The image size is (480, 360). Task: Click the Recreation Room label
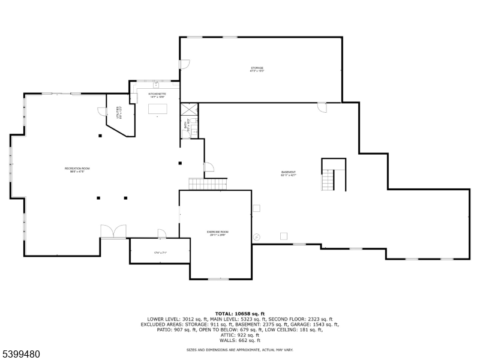click(x=77, y=170)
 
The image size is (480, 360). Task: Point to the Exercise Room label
click(x=218, y=233)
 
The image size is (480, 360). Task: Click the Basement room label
click(x=289, y=173)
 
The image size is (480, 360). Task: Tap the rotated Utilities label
click(x=118, y=112)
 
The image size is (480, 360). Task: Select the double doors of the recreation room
click(x=113, y=232)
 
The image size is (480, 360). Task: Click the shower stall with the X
click(x=189, y=109)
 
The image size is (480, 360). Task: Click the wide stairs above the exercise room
click(x=208, y=183)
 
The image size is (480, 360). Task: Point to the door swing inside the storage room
click(x=185, y=63)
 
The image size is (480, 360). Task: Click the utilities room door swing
click(x=102, y=111)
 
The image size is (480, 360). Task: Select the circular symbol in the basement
click(x=256, y=236)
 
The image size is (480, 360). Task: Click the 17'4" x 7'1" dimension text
click(x=160, y=253)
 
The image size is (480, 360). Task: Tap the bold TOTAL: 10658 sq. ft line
click(x=239, y=313)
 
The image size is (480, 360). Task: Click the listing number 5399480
click(x=21, y=353)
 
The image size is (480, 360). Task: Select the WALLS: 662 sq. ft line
click(x=239, y=340)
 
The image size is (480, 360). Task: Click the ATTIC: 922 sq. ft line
click(x=239, y=335)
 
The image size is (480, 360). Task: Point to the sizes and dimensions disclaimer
click(x=239, y=349)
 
